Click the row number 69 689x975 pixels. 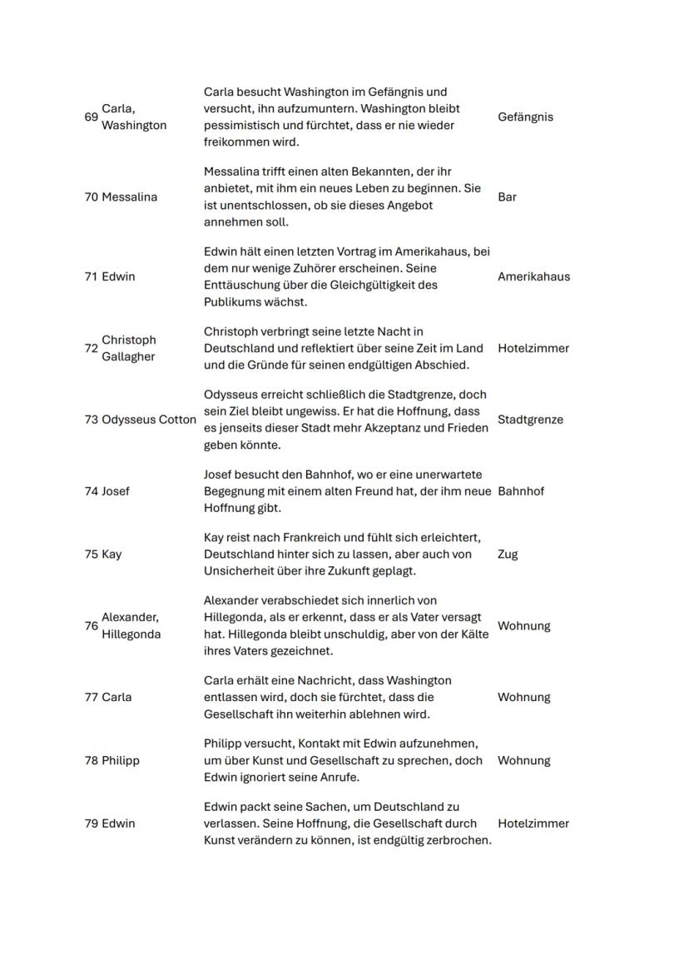tap(91, 117)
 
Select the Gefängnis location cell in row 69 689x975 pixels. tap(525, 117)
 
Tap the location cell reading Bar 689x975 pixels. tap(507, 197)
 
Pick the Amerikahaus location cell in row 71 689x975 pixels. tap(533, 277)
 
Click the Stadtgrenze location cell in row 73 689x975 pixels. tap(530, 420)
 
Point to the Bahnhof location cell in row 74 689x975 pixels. tap(521, 491)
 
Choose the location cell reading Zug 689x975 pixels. tap(508, 555)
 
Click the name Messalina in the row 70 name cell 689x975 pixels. tap(129, 197)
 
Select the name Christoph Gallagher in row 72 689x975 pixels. tap(129, 349)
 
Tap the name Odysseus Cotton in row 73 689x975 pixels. tap(149, 420)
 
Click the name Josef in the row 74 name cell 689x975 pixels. tap(116, 491)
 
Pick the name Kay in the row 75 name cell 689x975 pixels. tap(112, 555)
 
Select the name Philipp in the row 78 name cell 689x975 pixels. tap(121, 761)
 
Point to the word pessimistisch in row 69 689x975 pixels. tap(242, 126)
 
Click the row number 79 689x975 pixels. tap(91, 824)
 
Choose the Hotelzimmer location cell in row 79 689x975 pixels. tap(533, 824)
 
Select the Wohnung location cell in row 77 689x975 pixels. tap(523, 698)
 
